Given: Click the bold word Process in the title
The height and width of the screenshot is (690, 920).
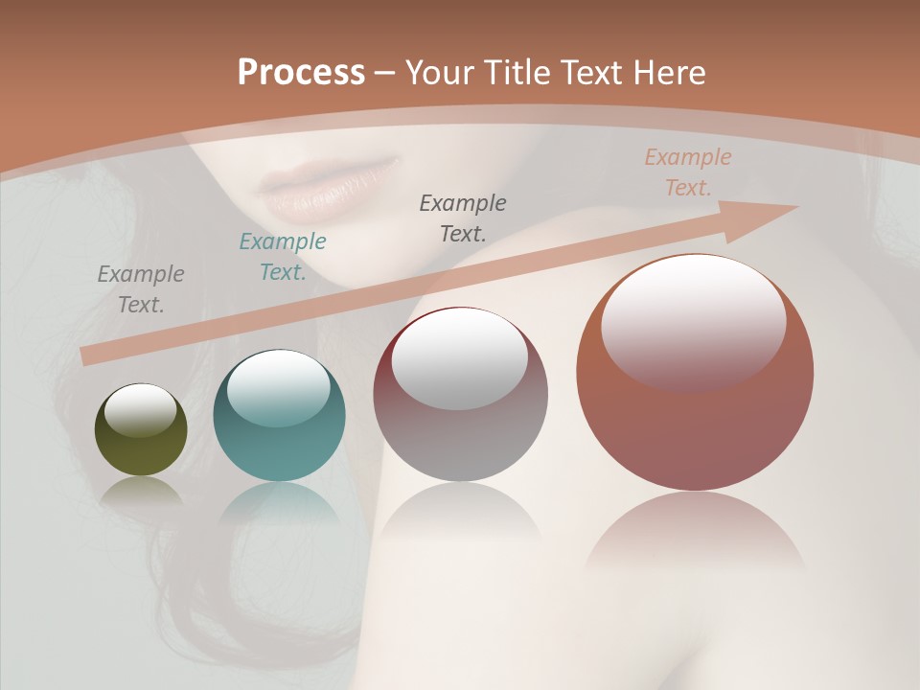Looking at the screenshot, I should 301,73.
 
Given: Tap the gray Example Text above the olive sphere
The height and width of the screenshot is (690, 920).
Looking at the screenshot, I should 141,289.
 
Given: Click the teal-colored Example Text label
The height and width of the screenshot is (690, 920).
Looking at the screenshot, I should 283,257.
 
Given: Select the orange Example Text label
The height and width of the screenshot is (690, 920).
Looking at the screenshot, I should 688,172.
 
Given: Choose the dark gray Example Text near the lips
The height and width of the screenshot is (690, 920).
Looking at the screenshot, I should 463,218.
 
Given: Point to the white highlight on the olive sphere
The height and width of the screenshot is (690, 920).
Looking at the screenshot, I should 141,410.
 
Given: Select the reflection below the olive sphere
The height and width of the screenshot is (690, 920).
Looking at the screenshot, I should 141,491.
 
